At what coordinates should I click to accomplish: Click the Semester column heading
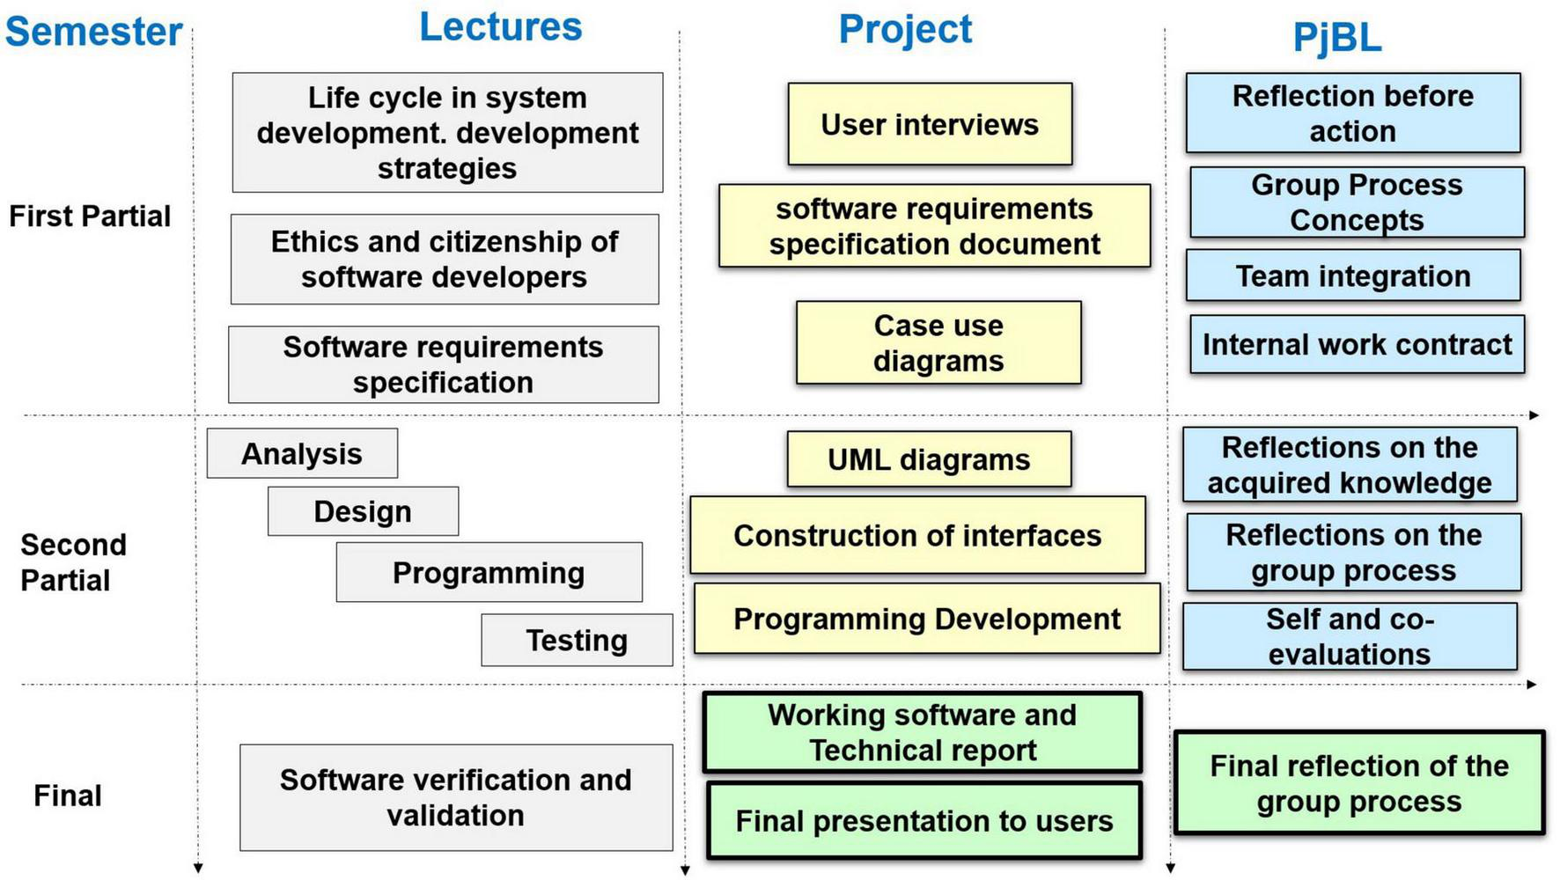point(93,32)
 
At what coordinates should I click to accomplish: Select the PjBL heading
point(1336,38)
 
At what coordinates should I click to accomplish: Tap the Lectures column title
point(500,26)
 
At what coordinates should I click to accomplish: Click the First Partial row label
point(90,216)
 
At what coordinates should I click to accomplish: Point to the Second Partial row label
point(73,562)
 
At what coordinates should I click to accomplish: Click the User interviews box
point(930,124)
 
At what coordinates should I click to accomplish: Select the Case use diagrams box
point(938,343)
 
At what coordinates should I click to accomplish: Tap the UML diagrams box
point(929,459)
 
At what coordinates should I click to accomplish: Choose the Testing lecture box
point(577,640)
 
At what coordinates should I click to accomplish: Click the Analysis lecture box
point(302,454)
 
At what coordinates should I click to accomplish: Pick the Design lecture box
point(363,511)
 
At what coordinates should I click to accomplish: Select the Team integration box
point(1353,276)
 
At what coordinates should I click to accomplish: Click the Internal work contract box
point(1357,344)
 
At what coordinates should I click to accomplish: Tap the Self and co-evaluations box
point(1350,636)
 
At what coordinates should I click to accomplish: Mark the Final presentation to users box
point(923,820)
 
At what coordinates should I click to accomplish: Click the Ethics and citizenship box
point(445,260)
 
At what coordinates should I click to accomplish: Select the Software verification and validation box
point(456,797)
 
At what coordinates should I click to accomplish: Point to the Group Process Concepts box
point(1357,202)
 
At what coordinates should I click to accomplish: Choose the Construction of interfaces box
point(917,535)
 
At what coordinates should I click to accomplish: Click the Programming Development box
point(926,619)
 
